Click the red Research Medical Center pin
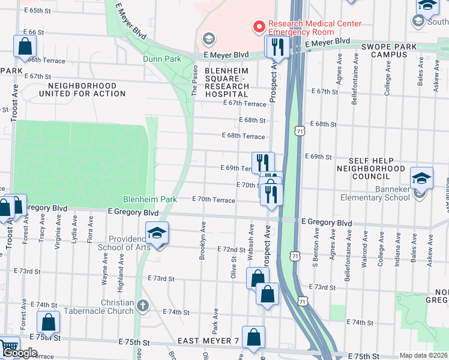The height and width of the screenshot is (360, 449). point(259,27)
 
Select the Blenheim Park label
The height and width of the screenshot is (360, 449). point(150,199)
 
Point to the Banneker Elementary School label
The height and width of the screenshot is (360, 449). point(384,197)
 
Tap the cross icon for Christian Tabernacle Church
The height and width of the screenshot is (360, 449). point(142,305)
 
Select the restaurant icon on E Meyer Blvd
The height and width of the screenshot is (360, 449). point(277,46)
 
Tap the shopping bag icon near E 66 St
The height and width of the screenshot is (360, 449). point(25,46)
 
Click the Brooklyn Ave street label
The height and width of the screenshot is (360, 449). point(203,241)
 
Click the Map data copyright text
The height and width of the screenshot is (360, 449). point(423,355)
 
